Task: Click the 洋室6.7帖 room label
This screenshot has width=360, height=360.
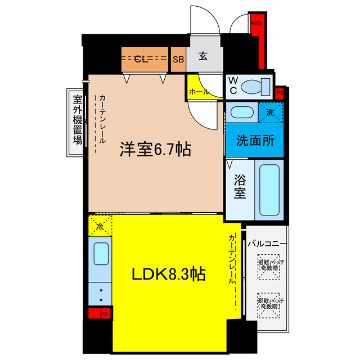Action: pos(154,150)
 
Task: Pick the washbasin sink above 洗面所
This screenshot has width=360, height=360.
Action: pos(242,111)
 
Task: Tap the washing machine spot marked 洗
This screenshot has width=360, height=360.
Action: pos(270,111)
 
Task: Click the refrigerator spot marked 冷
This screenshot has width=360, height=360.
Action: pos(100,228)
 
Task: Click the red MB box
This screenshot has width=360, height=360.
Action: pos(256,24)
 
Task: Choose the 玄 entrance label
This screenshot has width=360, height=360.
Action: pos(204,57)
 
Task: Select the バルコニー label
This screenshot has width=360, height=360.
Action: pos(268,244)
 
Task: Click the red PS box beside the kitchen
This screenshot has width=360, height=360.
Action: pos(99,314)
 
